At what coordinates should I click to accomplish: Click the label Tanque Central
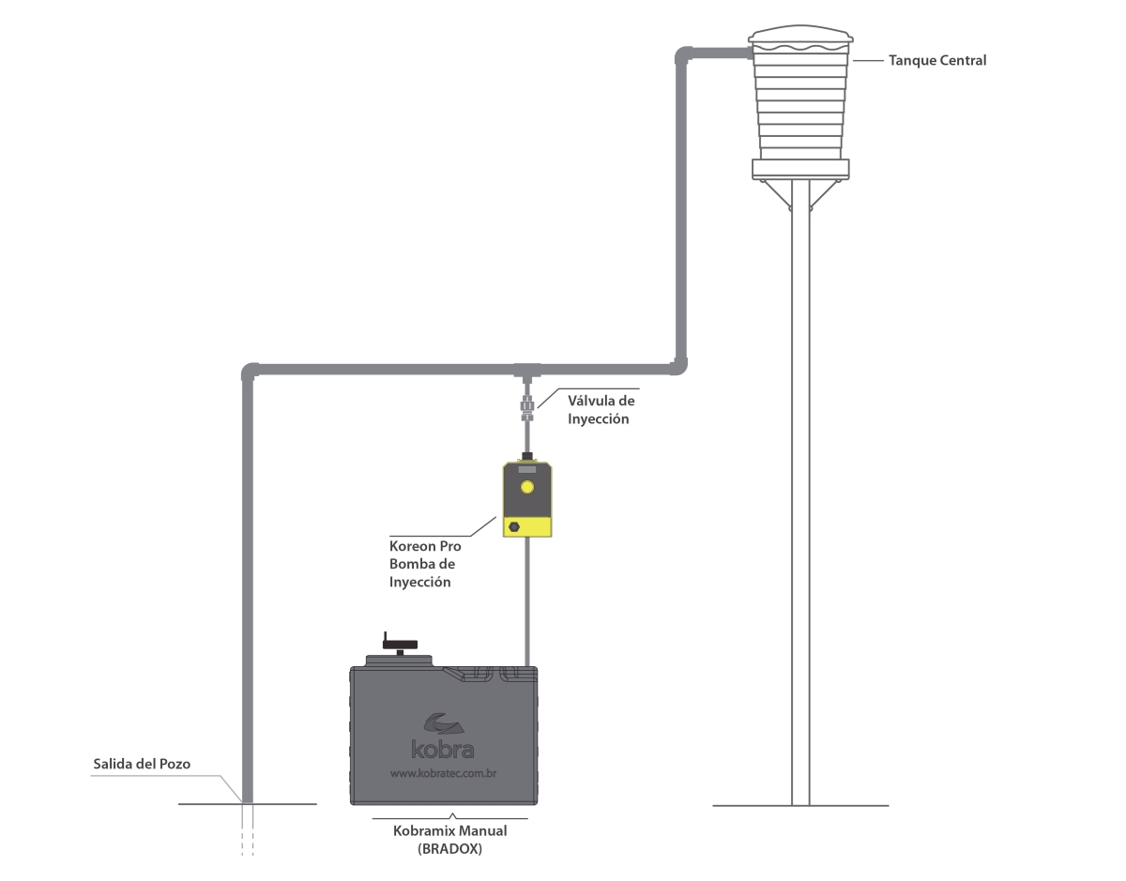[x=936, y=61]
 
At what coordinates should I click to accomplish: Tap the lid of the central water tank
[x=800, y=35]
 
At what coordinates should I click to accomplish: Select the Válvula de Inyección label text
[x=601, y=410]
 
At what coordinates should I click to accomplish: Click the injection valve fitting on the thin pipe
[x=527, y=407]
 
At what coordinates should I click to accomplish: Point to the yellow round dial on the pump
[x=527, y=487]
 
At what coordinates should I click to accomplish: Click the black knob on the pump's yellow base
[x=514, y=526]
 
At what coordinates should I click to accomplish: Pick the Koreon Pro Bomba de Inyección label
[x=425, y=564]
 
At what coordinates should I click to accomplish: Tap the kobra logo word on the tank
[x=443, y=749]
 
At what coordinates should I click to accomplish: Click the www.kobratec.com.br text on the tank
[x=443, y=774]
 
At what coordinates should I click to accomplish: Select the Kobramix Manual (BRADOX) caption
[x=449, y=840]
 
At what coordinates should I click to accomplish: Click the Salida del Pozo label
[x=142, y=764]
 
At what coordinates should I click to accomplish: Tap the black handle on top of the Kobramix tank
[x=400, y=645]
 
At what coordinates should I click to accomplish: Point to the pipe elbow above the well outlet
[x=251, y=372]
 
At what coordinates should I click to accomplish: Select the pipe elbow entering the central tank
[x=684, y=54]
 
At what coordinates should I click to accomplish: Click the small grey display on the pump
[x=527, y=470]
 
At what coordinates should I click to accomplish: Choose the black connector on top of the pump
[x=527, y=456]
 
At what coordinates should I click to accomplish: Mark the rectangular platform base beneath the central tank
[x=800, y=170]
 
